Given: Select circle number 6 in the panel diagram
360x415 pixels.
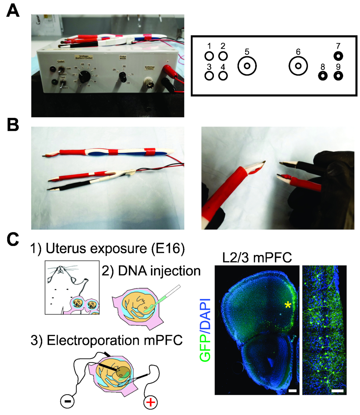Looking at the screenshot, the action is [298, 66].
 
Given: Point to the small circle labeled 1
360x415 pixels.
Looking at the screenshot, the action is [209, 56].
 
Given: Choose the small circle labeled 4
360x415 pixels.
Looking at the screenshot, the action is [223, 75].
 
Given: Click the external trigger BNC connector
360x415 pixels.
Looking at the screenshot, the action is [150, 84].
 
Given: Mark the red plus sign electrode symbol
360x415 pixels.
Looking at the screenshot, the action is [150, 403].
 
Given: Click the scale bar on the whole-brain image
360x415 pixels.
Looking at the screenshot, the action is [292, 390].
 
